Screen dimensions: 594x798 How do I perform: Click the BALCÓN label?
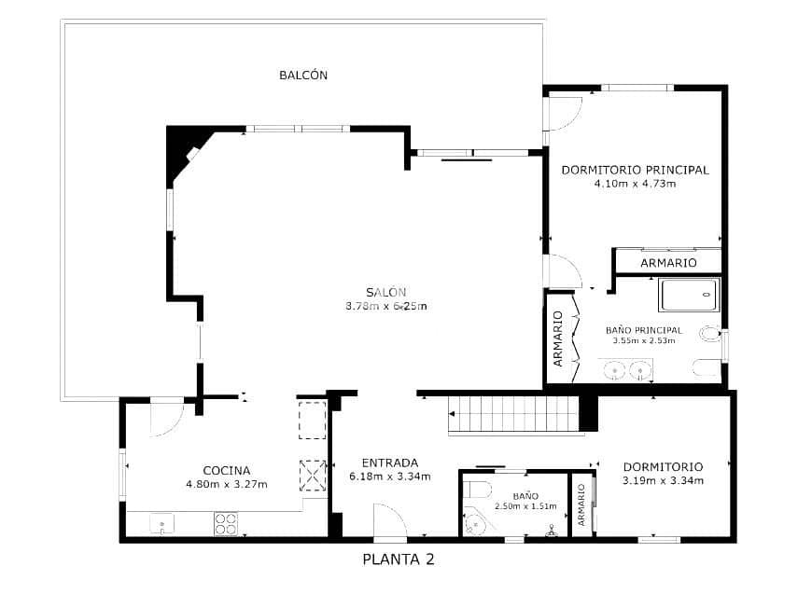303,76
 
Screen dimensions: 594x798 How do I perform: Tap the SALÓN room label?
385,291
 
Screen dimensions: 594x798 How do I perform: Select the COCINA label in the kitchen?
226,470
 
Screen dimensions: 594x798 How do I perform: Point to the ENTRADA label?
389,462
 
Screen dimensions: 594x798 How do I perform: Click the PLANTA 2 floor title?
398,560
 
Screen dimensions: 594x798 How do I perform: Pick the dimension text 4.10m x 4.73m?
635,184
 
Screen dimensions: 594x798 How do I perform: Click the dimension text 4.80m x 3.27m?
227,484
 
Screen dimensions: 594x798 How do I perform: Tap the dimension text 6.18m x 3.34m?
389,477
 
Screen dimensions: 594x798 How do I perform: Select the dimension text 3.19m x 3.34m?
663,480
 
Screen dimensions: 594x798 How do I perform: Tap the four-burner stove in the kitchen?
225,524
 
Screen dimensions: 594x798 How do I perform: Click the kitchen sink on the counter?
161,525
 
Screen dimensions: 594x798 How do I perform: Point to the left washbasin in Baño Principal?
615,371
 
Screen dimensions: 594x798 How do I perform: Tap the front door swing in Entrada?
386,520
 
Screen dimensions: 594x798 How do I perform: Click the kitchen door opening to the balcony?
166,416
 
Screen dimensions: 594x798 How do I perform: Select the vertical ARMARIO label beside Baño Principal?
558,338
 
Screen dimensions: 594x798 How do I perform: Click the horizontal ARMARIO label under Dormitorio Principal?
668,263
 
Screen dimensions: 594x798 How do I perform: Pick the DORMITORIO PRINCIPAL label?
635,170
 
